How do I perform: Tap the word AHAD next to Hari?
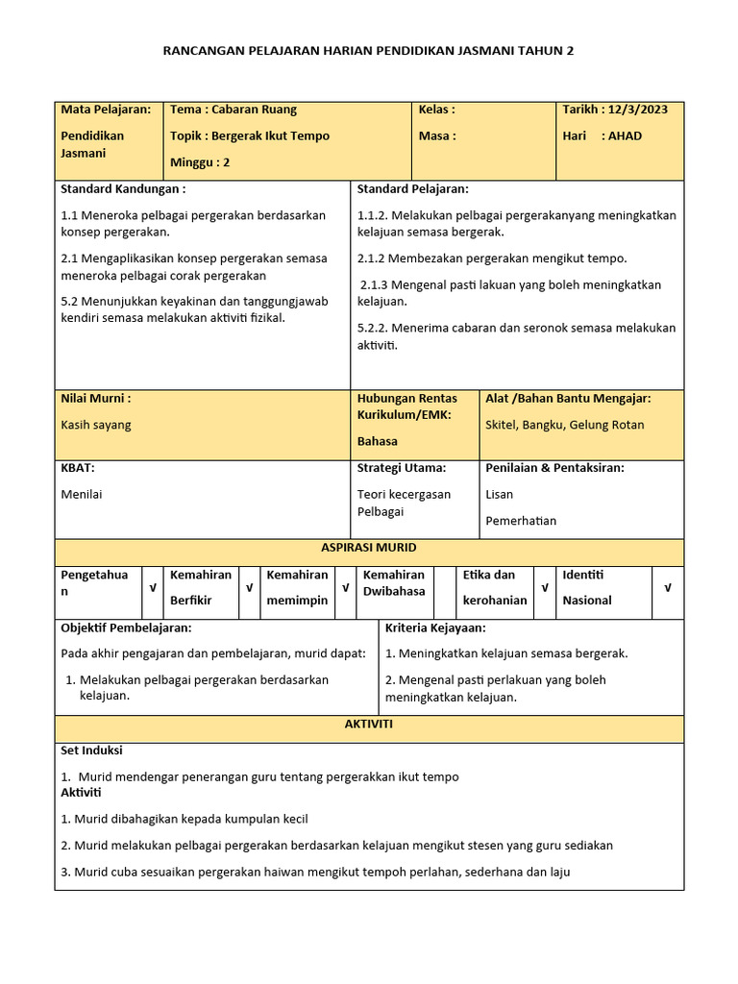tap(625, 135)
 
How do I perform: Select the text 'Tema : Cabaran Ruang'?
tap(234, 110)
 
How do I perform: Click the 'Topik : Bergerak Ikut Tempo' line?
tap(250, 135)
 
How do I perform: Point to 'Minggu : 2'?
tap(200, 162)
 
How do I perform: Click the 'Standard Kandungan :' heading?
tap(123, 189)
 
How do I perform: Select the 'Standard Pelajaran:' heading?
tap(413, 189)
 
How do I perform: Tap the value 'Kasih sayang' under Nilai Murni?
tap(96, 425)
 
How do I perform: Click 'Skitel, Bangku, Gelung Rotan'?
tap(565, 425)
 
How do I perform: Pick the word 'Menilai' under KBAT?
tap(82, 494)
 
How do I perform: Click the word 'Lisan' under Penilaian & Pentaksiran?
tap(500, 494)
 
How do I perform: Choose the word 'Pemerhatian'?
tap(521, 521)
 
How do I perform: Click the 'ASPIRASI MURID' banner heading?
tap(369, 548)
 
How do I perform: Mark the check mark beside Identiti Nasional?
tap(668, 587)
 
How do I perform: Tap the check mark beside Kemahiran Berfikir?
tap(249, 587)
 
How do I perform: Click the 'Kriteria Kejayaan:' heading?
tap(435, 627)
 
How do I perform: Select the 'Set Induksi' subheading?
tap(91, 750)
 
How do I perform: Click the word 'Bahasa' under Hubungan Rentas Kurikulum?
tap(378, 441)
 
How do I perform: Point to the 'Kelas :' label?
tap(437, 110)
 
